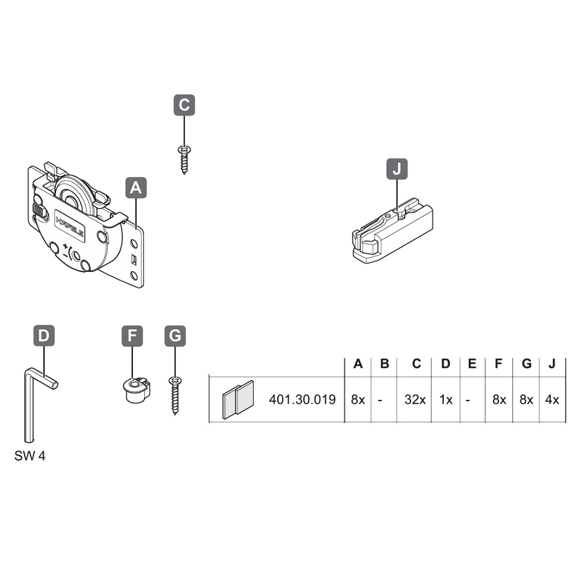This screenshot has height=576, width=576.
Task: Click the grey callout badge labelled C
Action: pos(184,105)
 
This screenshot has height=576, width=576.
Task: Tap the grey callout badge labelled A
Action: pos(136,188)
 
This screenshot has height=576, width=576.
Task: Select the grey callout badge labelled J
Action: pos(397,169)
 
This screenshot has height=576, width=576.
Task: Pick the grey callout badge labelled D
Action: pos(44,335)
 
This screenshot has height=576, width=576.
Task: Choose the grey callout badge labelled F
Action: pos(132,335)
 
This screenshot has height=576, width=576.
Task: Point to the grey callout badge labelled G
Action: pos(175,335)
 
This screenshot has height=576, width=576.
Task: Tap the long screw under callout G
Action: pos(175,396)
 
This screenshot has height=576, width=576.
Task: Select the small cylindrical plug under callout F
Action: pos(137,390)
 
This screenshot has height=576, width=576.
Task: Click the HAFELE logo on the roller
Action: pos(70,226)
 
